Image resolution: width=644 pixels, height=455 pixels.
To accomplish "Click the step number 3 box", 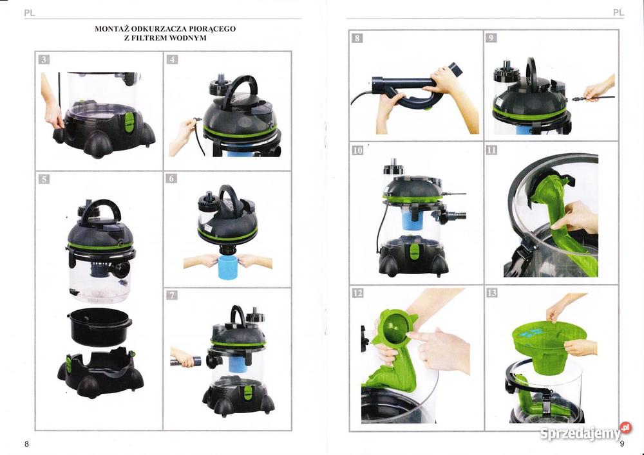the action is [44, 59].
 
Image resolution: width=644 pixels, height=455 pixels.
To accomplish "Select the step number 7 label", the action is [172, 295].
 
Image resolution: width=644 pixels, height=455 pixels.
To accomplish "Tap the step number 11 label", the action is [491, 150].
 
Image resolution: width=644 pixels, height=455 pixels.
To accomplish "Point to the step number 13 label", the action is [491, 293].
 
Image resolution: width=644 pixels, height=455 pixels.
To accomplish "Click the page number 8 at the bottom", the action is [26, 444].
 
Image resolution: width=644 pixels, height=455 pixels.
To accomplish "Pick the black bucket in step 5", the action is [99, 326].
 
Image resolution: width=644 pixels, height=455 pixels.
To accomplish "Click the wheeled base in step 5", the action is [100, 373].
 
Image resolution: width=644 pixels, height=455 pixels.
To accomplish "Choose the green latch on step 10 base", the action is [412, 252].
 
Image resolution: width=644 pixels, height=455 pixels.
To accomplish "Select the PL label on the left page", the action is [30, 13].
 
